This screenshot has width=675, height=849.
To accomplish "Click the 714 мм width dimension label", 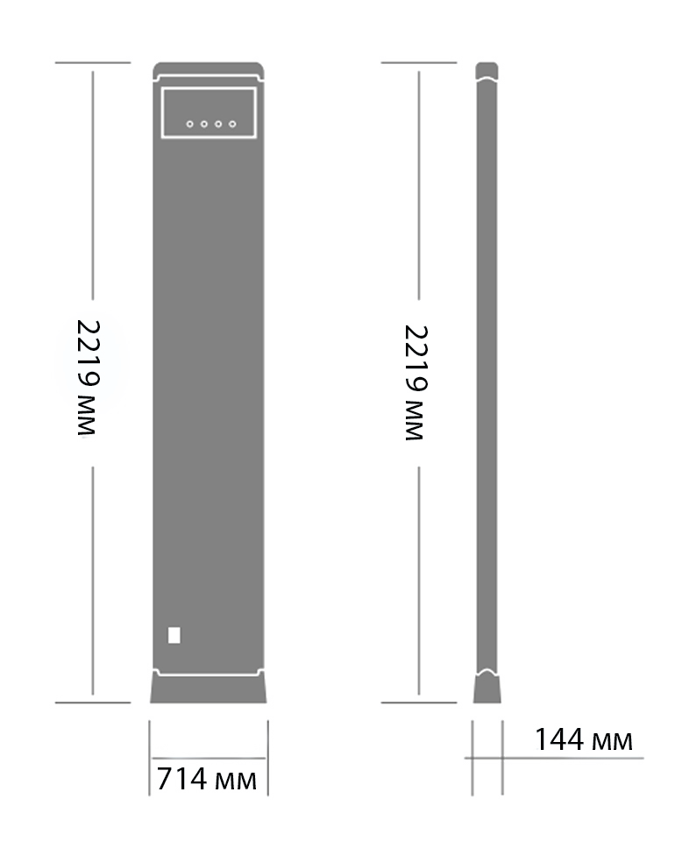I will tap(207, 778).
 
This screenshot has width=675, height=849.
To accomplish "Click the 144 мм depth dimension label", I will tap(583, 739).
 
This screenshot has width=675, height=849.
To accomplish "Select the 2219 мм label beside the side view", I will tap(416, 382).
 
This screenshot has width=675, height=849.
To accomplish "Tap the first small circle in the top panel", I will tap(189, 125).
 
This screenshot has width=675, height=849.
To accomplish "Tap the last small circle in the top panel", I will tap(232, 125).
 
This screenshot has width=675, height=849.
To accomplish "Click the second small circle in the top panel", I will tap(203, 125).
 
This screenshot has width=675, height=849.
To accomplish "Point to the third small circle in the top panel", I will tap(218, 125).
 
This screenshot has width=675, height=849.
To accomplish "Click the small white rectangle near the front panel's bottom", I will tap(174, 635).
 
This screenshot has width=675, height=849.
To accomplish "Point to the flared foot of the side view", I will tap(487, 688).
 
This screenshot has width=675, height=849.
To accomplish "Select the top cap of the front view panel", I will tap(208, 69).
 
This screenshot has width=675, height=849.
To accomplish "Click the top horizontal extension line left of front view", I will tap(92, 63).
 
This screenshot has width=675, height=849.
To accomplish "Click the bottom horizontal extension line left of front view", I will tap(92, 703).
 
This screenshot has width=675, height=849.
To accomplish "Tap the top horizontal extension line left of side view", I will tap(419, 63).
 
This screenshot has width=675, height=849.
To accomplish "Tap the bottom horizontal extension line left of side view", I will tap(419, 703).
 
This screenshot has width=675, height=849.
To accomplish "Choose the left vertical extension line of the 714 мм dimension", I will tap(149, 758).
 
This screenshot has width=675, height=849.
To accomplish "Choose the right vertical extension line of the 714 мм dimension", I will tap(267, 758).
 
